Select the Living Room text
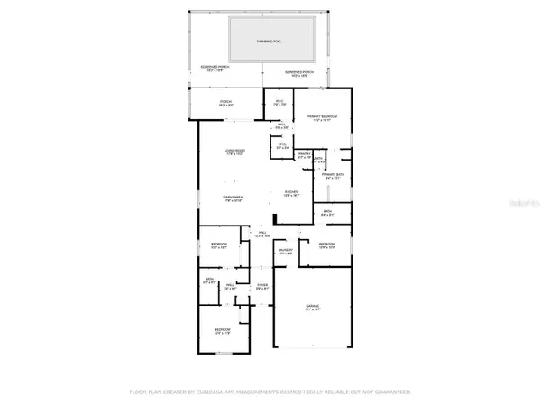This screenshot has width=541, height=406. tap(235, 152)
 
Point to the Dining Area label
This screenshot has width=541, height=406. tap(235, 198)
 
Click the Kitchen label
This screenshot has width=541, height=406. tap(291, 194)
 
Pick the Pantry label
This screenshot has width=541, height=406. tap(304, 157)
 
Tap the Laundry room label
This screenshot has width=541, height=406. tap(287, 253)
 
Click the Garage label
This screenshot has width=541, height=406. tap(312, 309)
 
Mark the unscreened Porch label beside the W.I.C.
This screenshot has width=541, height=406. tap(226, 103)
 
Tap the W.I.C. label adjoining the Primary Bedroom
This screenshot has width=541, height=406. tap(280, 103)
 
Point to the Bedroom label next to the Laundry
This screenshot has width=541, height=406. tap(326, 245)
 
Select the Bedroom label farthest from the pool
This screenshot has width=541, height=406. tap(222, 332)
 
